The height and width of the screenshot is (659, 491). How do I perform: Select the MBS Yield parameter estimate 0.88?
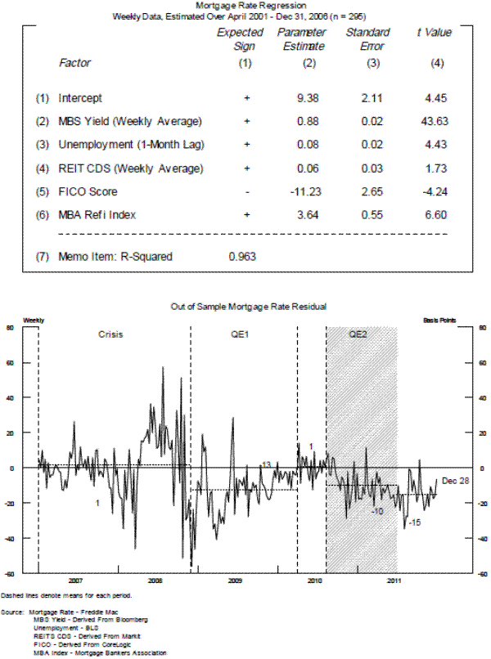(303, 122)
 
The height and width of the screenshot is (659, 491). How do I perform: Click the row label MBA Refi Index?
(96, 215)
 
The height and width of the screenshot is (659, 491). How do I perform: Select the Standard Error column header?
(367, 39)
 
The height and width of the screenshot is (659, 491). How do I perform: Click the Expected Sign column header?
(240, 39)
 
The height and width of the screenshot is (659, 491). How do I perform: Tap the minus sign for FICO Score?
(245, 192)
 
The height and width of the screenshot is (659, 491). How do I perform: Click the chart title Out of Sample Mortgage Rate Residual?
(246, 306)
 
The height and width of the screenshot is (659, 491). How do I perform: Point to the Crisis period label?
(112, 335)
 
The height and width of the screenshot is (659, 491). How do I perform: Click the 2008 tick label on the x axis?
(155, 580)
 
